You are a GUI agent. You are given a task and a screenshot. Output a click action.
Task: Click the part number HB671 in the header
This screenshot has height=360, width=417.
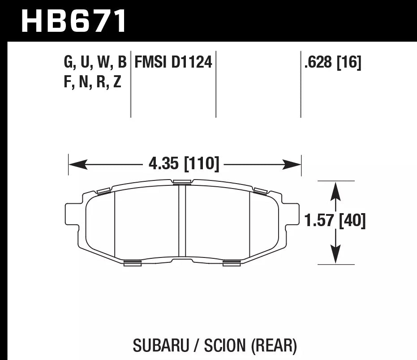pyautogui.click(x=74, y=21)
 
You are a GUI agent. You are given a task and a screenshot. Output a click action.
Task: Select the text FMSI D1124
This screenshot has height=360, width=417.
pyautogui.click(x=173, y=63)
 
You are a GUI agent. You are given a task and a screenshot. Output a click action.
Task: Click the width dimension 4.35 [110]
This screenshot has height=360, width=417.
pyautogui.click(x=184, y=164)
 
